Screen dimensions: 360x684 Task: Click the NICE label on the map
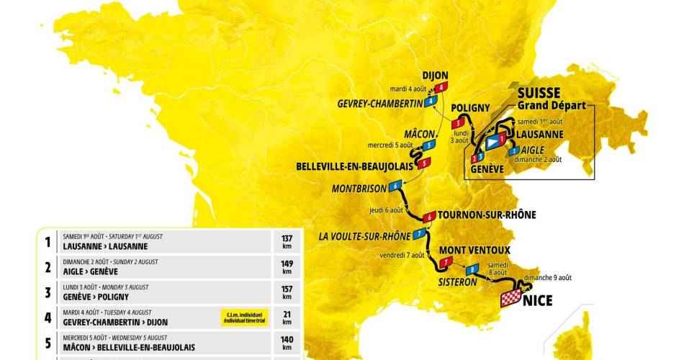(538, 300)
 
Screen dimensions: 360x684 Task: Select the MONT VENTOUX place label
(474, 250)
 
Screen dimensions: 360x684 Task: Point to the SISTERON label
(458, 282)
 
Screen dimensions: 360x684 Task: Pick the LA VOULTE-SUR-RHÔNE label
(364, 235)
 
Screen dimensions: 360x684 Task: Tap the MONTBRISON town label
(359, 189)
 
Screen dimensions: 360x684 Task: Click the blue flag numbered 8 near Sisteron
(472, 270)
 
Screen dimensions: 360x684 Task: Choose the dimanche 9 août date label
(548, 277)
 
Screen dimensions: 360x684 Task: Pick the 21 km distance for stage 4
(287, 318)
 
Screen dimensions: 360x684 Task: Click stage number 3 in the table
(48, 292)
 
